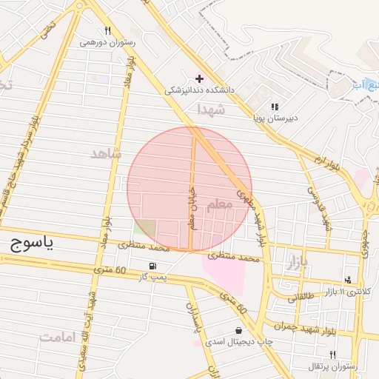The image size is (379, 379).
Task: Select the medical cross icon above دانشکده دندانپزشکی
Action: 199,78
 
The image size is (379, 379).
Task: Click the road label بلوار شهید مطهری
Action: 251,216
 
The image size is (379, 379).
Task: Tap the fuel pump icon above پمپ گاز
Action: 152,266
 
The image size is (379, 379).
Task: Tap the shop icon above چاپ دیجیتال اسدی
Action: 238,330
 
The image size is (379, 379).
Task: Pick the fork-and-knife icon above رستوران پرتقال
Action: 332,355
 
